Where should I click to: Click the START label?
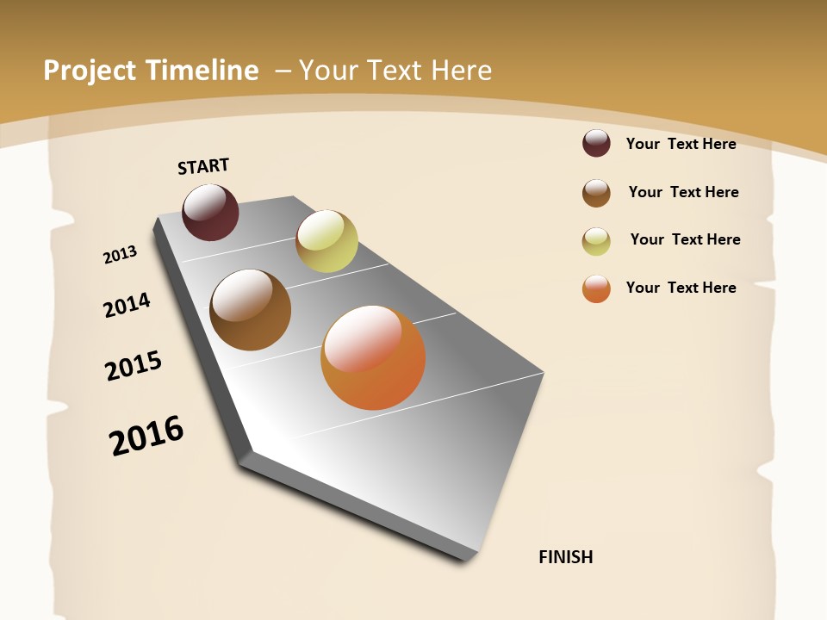tap(203, 166)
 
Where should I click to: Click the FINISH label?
tap(566, 557)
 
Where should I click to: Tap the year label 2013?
tap(121, 255)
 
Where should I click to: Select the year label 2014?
tap(127, 306)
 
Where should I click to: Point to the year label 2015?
tap(134, 366)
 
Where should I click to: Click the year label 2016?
tap(146, 435)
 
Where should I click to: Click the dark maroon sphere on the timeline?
tap(210, 212)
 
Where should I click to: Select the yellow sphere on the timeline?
tap(326, 241)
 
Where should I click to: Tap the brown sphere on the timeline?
tap(251, 310)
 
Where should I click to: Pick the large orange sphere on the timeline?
tap(373, 357)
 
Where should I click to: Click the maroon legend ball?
tap(596, 143)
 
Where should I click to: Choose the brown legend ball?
tap(596, 193)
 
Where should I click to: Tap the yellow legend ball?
tap(596, 241)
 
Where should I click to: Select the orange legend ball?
tap(596, 288)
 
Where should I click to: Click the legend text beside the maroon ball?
tap(681, 144)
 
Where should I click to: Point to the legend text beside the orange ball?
tap(681, 288)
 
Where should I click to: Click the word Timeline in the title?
tap(203, 71)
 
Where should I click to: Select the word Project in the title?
tap(90, 71)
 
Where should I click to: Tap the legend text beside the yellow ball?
tap(685, 239)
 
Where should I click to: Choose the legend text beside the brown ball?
tap(683, 192)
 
